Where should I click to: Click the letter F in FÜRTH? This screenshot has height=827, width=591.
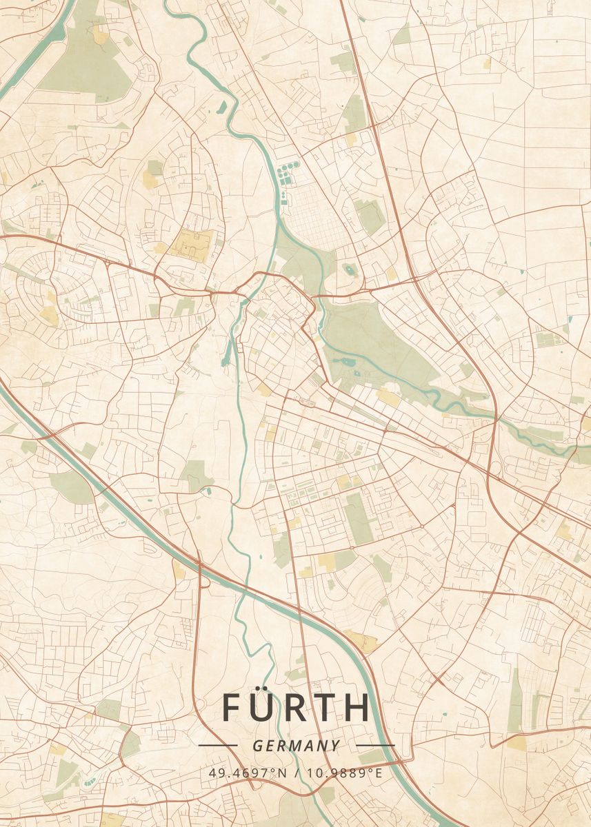coord(232,708)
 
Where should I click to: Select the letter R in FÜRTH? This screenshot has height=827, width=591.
coord(298,708)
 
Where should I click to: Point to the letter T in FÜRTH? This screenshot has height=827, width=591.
coord(328,708)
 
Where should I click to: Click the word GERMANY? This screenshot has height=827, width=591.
coord(296,746)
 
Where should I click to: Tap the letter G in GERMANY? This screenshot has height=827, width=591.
coord(257,746)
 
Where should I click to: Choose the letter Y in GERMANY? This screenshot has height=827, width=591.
coord(335,746)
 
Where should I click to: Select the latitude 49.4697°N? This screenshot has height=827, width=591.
coord(248,773)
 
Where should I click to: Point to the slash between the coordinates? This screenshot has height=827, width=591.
coord(297,773)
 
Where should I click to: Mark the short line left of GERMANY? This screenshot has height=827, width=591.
coord(217,746)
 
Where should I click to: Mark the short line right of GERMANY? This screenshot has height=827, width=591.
coord(375,746)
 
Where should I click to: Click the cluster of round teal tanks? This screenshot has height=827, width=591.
coord(285,174)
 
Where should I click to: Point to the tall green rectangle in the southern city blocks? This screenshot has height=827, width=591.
coord(358,517)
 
